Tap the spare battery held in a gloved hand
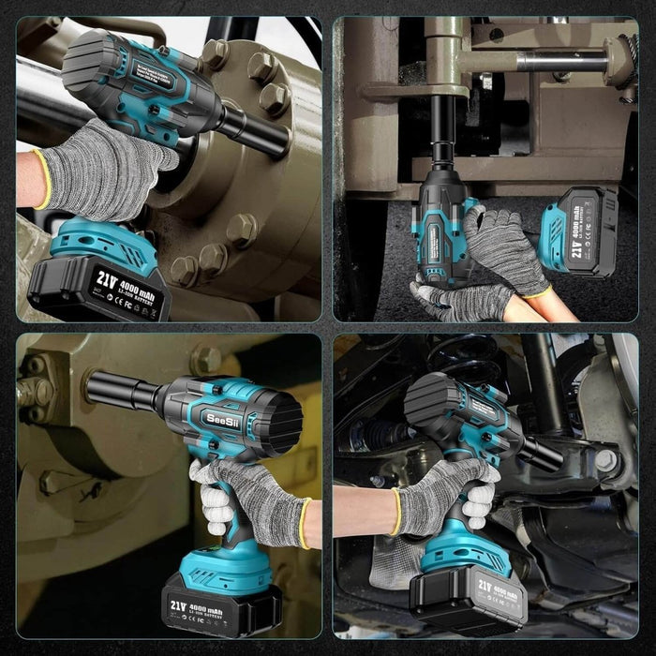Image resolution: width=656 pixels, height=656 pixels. pyautogui.click(x=578, y=231)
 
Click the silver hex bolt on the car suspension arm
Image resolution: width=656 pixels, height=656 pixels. pyautogui.click(x=606, y=460)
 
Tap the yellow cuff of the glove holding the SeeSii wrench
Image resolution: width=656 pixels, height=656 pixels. pyautogui.click(x=305, y=522)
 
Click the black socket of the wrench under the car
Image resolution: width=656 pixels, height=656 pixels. pyautogui.click(x=542, y=454)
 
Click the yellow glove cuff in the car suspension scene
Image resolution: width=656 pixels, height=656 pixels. pyautogui.click(x=395, y=512)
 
